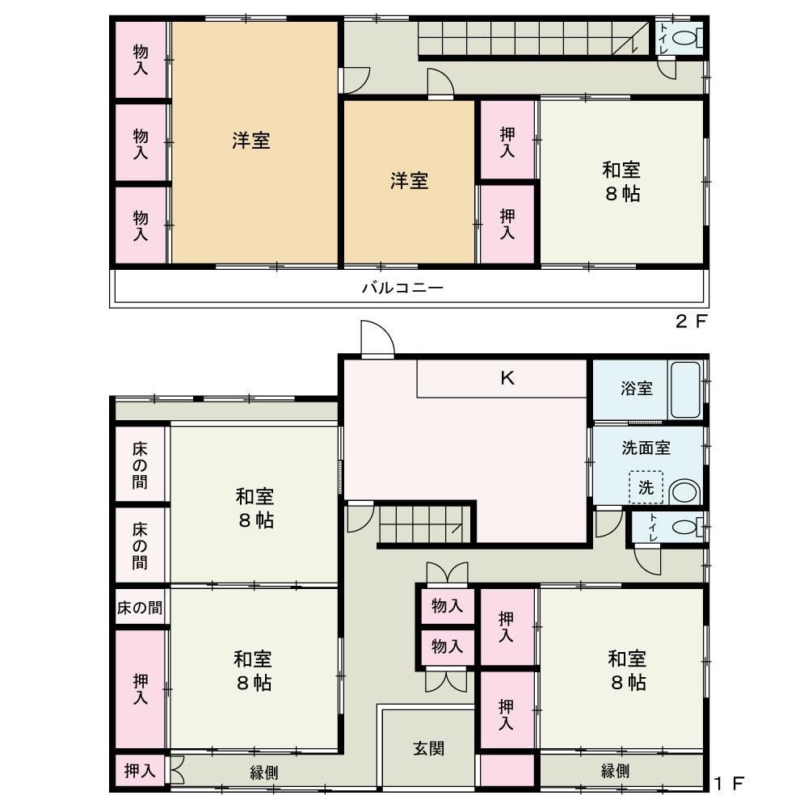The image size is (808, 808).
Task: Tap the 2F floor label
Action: tap(691, 322)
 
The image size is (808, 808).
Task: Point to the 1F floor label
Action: tap(729, 784)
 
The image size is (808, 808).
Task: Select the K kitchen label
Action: tap(507, 378)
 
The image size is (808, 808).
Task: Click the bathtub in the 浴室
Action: tap(685, 390)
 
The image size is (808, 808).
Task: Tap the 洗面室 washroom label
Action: tap(646, 448)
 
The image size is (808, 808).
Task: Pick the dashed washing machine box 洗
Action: tap(646, 487)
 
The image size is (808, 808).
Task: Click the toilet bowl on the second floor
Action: tap(685, 38)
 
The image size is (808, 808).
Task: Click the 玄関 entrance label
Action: tap(429, 748)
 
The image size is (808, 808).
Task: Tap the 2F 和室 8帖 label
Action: tap(621, 181)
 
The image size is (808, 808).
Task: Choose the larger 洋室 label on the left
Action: tap(251, 140)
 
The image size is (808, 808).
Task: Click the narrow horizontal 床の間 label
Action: tap(140, 608)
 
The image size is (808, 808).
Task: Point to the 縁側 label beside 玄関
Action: tap(264, 772)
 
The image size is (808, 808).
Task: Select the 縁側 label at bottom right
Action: tap(615, 771)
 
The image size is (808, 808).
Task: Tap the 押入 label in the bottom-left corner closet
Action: tap(140, 770)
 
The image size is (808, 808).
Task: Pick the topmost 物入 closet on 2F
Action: tap(141, 60)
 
